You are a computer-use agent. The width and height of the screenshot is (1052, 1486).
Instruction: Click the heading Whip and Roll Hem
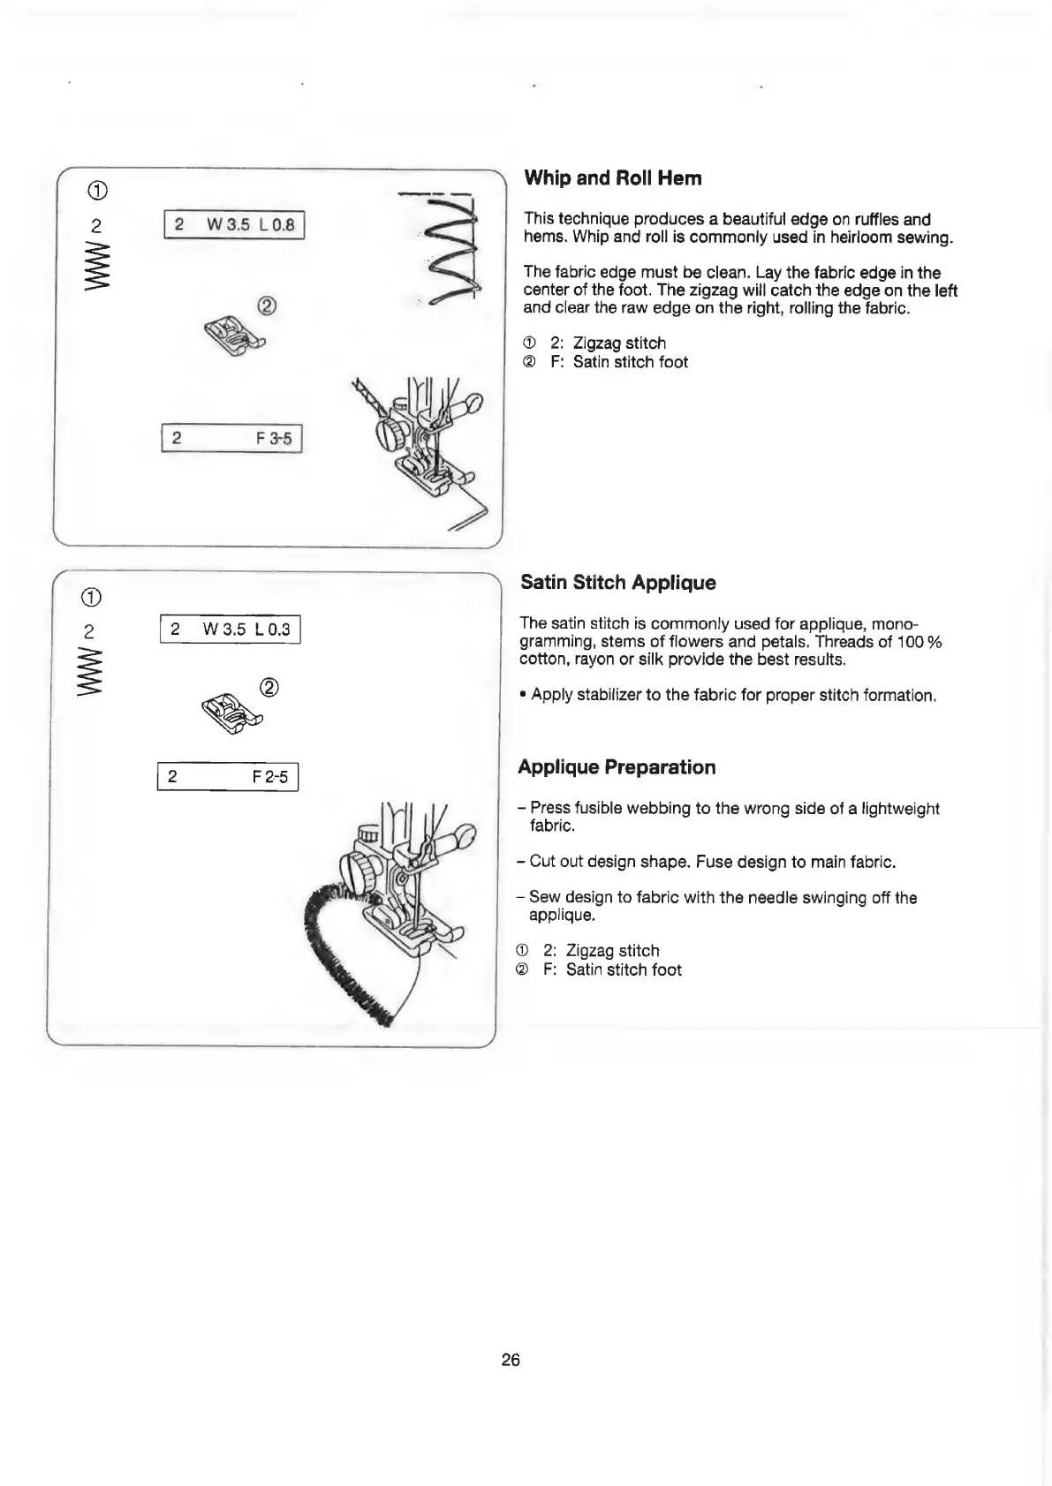pyautogui.click(x=613, y=178)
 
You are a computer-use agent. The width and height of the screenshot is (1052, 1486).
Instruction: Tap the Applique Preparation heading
pyautogui.click(x=617, y=767)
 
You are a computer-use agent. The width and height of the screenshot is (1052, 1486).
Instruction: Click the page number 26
pyautogui.click(x=511, y=1360)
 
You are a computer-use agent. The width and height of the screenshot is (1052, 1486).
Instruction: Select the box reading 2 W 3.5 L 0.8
pyautogui.click(x=233, y=225)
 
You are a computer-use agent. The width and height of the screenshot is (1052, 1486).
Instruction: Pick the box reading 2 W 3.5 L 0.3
pyautogui.click(x=230, y=630)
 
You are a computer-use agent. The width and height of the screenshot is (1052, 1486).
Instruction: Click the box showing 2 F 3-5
pyautogui.click(x=231, y=438)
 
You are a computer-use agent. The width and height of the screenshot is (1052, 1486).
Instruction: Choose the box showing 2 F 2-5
pyautogui.click(x=228, y=777)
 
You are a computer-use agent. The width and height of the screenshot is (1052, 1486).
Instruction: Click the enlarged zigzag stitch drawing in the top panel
pyautogui.click(x=452, y=256)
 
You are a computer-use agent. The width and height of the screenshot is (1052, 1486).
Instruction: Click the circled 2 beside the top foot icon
pyautogui.click(x=267, y=305)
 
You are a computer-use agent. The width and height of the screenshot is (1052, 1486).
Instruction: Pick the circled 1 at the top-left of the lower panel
pyautogui.click(x=95, y=596)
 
